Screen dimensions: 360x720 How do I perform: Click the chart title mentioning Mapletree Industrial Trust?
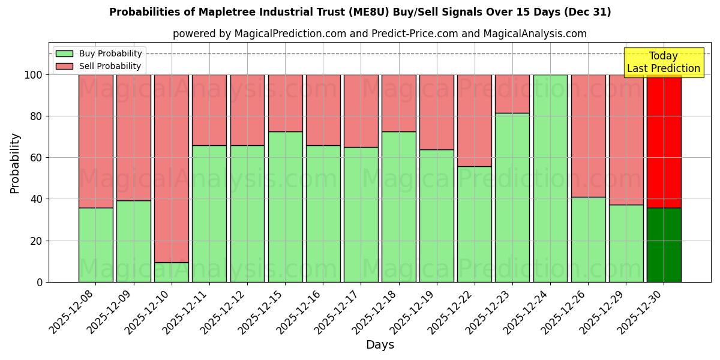360,12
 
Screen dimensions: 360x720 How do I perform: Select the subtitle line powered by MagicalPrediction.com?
379,34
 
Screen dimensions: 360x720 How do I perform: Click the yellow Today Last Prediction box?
663,62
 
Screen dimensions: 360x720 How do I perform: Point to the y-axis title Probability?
15,163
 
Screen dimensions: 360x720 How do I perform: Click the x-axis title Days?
380,345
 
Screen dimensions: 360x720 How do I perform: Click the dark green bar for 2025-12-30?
664,245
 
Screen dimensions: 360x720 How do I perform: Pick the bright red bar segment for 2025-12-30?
664,141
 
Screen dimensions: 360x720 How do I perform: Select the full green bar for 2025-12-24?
550,178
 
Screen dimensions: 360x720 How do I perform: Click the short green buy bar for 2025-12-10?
172,272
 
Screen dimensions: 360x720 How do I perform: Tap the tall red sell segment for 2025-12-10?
172,168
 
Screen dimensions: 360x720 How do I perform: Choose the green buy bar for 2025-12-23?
512,197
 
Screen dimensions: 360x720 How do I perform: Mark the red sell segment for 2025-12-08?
95,141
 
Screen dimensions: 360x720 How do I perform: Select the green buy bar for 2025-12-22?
475,224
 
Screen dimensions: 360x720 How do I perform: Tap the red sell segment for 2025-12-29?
626,140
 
